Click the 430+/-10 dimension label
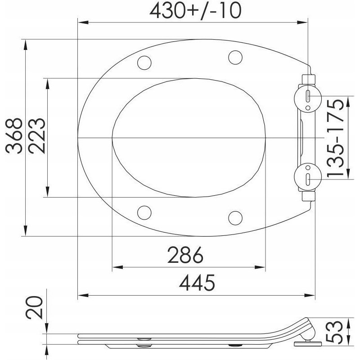[x=195, y=11]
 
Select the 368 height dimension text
[x=14, y=136]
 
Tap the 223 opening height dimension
[x=37, y=136]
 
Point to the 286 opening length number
[x=185, y=255]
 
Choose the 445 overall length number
[x=197, y=283]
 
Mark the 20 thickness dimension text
[x=35, y=308]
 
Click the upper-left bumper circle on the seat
[x=144, y=63]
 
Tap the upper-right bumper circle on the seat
[x=235, y=57]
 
